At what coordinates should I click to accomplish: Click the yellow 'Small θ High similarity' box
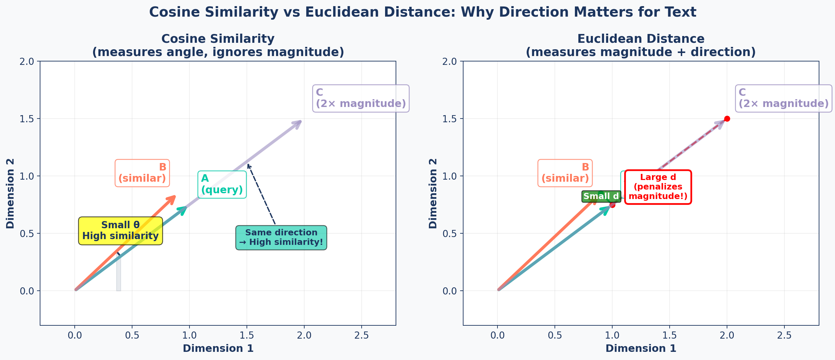click(120, 231)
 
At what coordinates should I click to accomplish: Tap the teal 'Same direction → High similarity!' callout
click(281, 237)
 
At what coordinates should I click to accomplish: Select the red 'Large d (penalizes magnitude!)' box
click(658, 187)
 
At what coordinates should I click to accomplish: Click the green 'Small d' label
click(601, 196)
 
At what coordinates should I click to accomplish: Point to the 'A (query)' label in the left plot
click(222, 184)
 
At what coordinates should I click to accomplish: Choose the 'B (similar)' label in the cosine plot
click(142, 173)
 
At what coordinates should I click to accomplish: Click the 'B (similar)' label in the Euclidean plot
click(565, 173)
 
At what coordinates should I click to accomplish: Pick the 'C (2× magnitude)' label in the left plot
click(361, 98)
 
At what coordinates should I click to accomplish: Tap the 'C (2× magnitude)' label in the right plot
click(783, 98)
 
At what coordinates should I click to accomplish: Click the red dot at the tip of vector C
click(727, 119)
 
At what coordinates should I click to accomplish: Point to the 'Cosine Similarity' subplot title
click(218, 39)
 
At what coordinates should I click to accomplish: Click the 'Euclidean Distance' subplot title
click(641, 39)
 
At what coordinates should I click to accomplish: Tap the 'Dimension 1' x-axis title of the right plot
click(641, 348)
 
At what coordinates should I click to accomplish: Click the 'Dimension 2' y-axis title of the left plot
click(10, 193)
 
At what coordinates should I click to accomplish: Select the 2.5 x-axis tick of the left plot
click(361, 336)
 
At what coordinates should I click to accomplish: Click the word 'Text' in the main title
click(680, 12)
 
